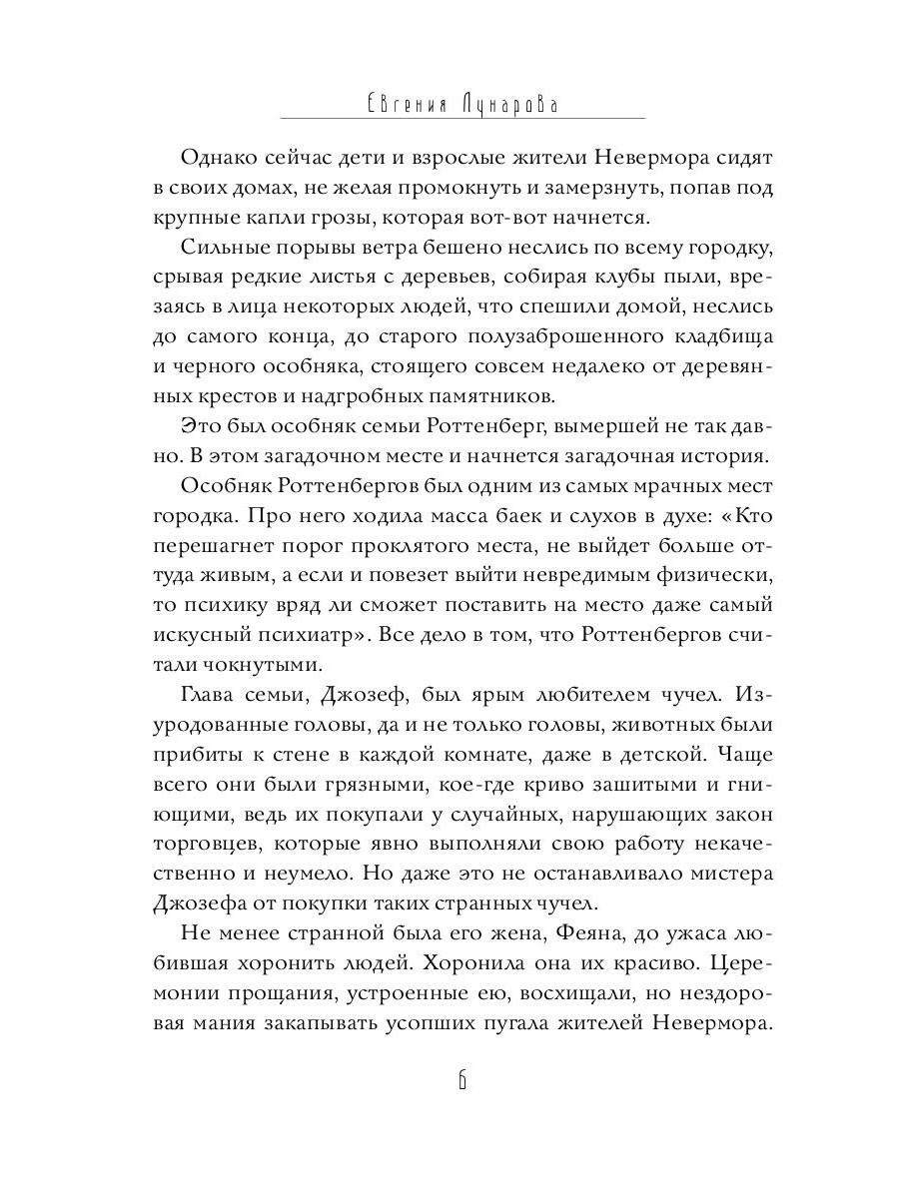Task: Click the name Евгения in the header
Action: (401, 103)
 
